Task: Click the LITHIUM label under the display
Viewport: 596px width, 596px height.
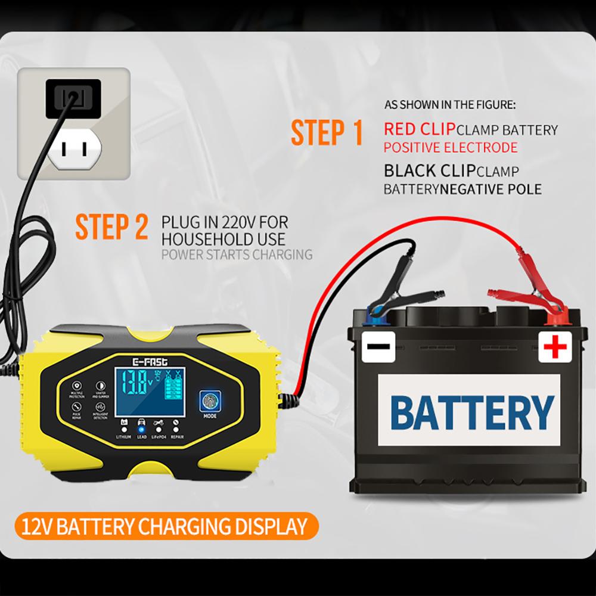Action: pyautogui.click(x=123, y=437)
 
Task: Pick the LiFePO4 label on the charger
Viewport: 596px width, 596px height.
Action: pyautogui.click(x=159, y=437)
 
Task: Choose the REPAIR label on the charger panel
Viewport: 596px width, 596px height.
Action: pyautogui.click(x=178, y=437)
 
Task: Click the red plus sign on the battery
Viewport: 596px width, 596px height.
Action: pyautogui.click(x=555, y=346)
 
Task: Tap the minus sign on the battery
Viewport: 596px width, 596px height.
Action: pyautogui.click(x=378, y=346)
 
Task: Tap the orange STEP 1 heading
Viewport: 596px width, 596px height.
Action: pyautogui.click(x=326, y=133)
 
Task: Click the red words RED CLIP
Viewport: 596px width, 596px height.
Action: pyautogui.click(x=420, y=129)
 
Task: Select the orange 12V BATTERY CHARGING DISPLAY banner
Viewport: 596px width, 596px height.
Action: pyautogui.click(x=163, y=526)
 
